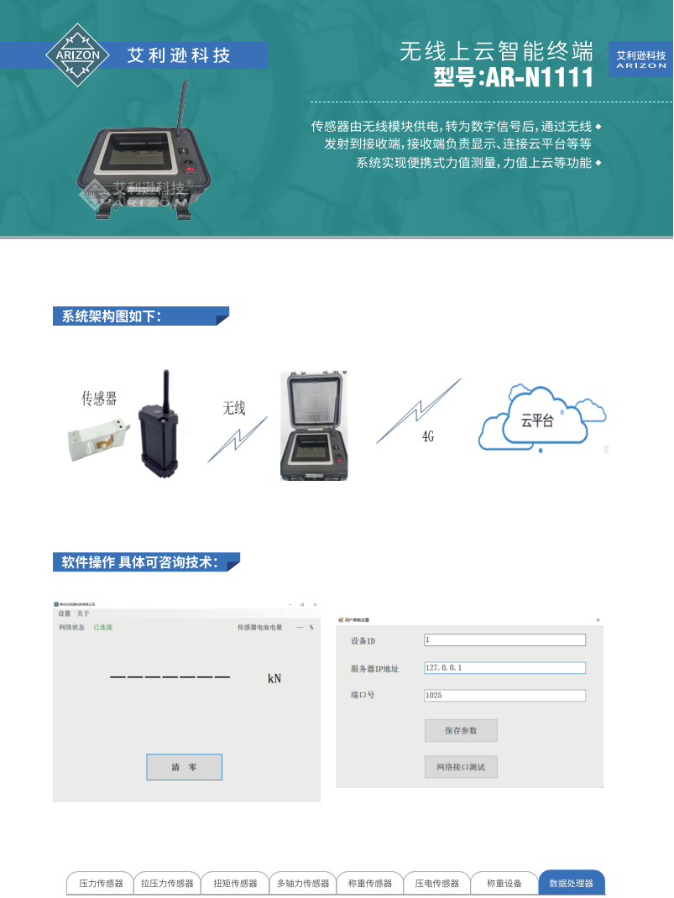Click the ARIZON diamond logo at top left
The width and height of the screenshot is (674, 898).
pos(77,55)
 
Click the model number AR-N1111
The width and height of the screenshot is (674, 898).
pos(513,78)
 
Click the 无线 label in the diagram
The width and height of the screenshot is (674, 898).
pos(233,409)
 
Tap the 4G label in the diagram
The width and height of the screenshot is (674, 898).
pos(427,437)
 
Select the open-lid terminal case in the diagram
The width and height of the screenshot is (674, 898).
pos(313,426)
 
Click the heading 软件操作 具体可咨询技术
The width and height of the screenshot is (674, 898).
pos(141,562)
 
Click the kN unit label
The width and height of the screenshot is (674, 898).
pos(274,678)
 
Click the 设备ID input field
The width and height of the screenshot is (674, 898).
pos(504,640)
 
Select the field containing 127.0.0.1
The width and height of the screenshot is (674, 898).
pos(504,668)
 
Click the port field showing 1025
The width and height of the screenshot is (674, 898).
pos(504,696)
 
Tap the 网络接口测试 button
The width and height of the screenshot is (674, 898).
pos(461,766)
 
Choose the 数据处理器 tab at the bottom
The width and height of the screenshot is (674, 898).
pos(571,883)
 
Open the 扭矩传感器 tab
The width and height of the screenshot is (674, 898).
pos(235,883)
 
